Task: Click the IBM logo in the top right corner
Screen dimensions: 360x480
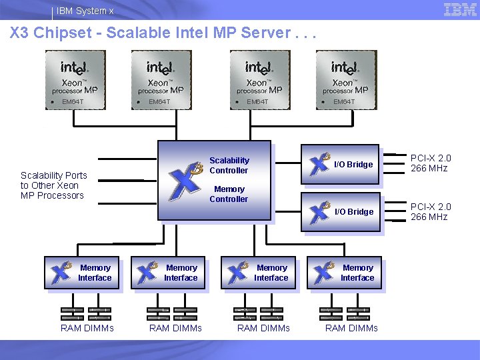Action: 460,9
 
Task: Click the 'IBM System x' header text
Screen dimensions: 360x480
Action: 85,11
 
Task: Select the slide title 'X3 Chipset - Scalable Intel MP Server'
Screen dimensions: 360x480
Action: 160,33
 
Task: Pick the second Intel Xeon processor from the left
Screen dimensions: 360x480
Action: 160,79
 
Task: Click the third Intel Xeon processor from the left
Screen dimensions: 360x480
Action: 259,79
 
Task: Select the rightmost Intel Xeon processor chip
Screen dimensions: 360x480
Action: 345,79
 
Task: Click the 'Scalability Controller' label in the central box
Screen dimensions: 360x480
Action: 229,165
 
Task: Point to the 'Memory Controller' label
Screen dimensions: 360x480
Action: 229,194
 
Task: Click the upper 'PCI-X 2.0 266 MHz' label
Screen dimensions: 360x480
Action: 430,163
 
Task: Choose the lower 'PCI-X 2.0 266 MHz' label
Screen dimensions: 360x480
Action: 430,212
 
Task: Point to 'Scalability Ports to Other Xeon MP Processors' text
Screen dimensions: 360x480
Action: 53,185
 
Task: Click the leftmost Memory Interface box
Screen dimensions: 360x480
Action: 82,273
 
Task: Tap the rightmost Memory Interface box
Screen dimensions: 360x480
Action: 344,273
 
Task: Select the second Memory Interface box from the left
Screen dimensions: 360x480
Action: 168,273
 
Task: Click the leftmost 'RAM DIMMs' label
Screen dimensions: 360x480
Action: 87,328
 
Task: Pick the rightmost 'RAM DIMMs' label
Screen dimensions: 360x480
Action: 351,328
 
